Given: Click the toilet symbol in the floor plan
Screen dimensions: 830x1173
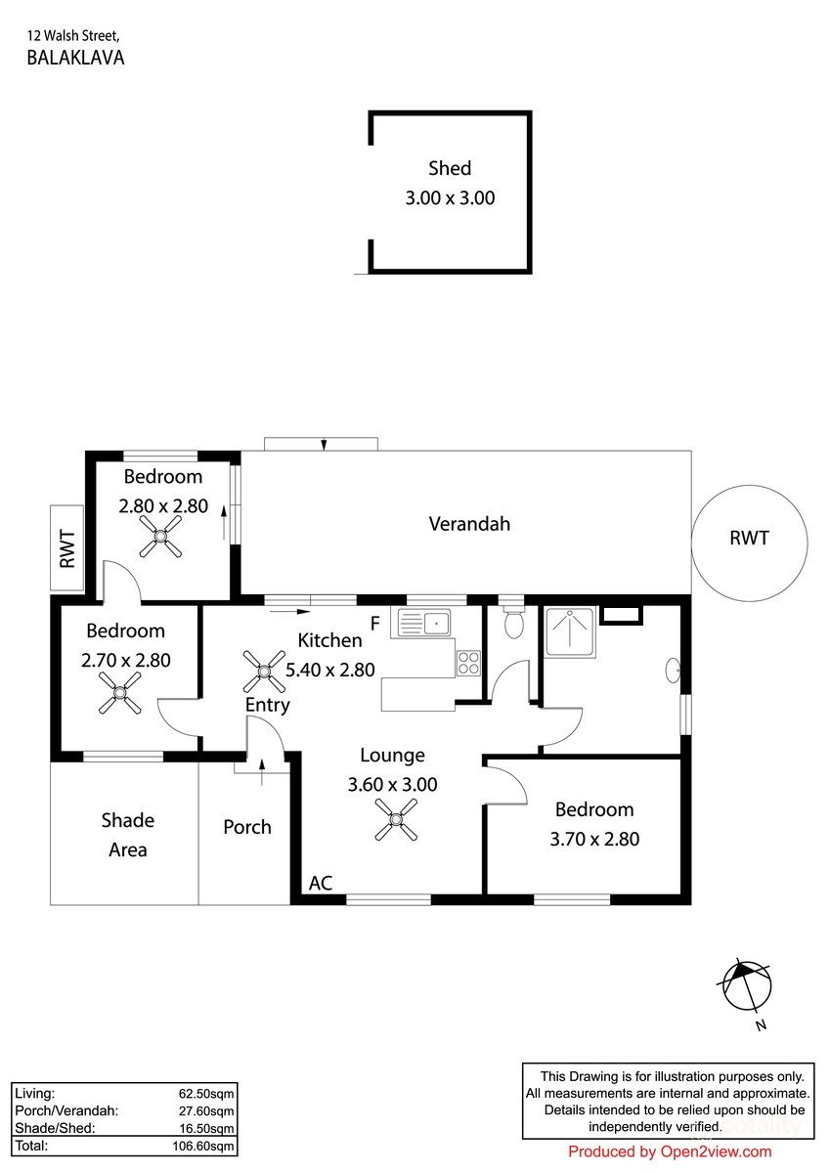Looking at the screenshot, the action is pyautogui.click(x=513, y=622).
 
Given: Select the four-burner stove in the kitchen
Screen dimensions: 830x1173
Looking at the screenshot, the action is pyautogui.click(x=468, y=663).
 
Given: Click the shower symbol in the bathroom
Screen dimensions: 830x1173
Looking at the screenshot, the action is pyautogui.click(x=570, y=632).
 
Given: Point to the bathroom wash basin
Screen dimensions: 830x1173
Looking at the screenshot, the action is pyautogui.click(x=674, y=670).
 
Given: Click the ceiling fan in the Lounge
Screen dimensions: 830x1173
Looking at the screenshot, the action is pyautogui.click(x=396, y=819).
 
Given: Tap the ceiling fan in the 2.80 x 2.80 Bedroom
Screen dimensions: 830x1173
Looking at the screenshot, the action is pyautogui.click(x=160, y=537).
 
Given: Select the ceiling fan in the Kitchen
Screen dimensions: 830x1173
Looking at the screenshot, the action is pyautogui.click(x=264, y=672).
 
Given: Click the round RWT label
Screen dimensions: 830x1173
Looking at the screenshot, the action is pyautogui.click(x=749, y=538).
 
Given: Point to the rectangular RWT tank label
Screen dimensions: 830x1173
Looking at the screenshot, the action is pyautogui.click(x=67, y=548).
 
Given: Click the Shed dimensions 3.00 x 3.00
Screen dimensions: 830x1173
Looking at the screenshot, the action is pyautogui.click(x=450, y=197).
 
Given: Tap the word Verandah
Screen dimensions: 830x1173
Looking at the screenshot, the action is pyautogui.click(x=469, y=524).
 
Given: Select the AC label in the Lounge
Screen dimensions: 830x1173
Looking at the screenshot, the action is pyautogui.click(x=321, y=883).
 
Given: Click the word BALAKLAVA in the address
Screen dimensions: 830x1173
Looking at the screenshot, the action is pyautogui.click(x=75, y=58).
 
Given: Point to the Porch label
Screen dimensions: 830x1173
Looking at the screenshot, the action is pyautogui.click(x=247, y=827).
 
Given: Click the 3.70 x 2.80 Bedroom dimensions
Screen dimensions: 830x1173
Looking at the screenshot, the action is pyautogui.click(x=594, y=839).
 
